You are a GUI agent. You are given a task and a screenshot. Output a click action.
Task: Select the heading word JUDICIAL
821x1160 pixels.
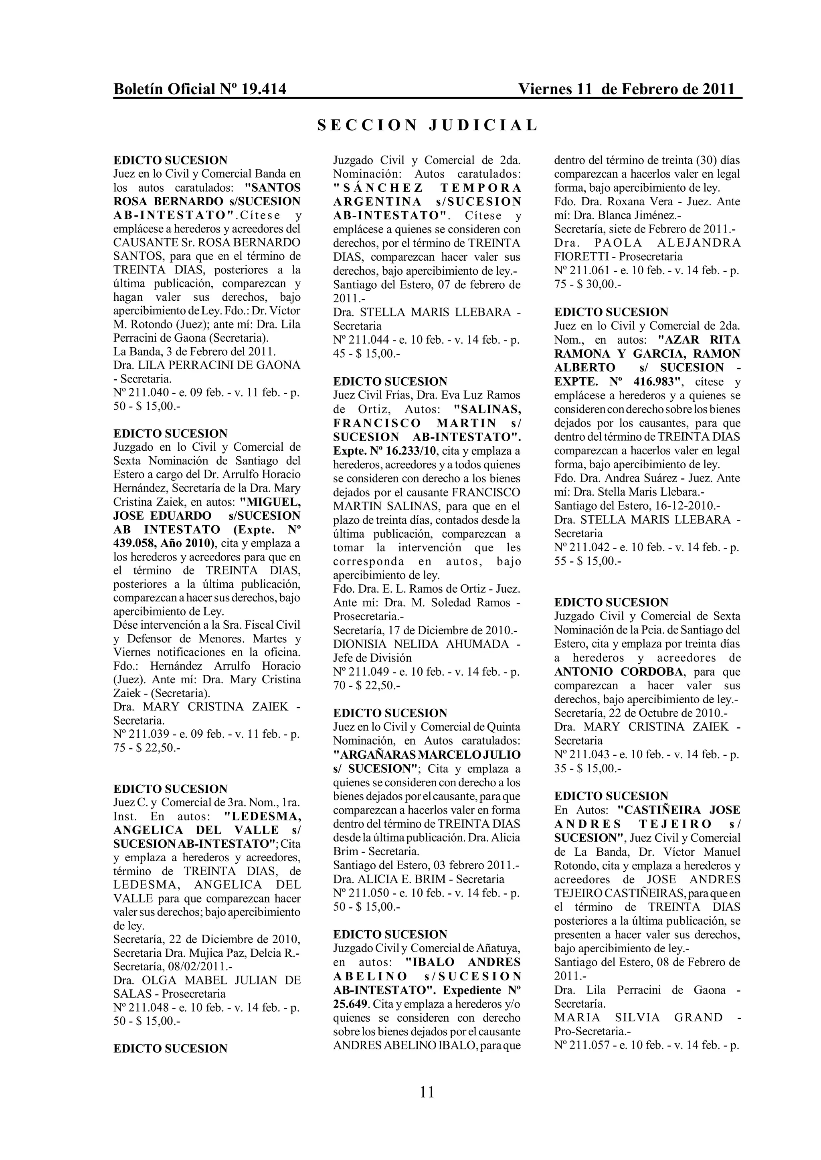(483, 126)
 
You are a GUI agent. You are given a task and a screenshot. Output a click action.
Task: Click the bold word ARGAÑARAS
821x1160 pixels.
(374, 755)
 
